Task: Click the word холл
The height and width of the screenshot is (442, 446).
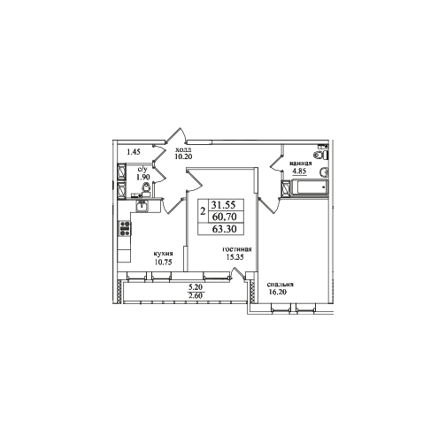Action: pos(183,149)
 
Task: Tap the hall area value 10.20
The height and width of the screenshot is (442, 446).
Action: pos(183,156)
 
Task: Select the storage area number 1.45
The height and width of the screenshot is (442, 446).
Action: pos(134,152)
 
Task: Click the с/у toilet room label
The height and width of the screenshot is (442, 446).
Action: pos(142,170)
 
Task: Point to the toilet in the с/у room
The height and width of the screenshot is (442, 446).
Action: pos(146,187)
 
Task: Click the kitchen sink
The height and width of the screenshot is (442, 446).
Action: pos(142,205)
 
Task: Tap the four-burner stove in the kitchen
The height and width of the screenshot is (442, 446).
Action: pos(125,229)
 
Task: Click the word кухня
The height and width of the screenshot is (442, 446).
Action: pos(163,254)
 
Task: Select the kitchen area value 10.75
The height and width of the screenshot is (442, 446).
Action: pos(163,263)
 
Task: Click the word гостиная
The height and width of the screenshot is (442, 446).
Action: pos(237,249)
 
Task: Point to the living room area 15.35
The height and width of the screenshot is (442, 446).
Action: pos(235,257)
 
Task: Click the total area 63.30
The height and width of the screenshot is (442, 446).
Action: pos(226,229)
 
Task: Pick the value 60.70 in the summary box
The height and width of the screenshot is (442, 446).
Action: pos(226,217)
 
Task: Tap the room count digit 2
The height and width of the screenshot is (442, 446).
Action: pos(203,211)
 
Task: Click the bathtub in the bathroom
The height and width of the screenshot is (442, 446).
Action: pos(310,187)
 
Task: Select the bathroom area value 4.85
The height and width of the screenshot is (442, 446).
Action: pos(299,171)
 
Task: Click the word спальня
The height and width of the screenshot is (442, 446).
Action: pos(281,285)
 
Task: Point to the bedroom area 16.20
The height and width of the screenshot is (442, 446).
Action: pos(278,293)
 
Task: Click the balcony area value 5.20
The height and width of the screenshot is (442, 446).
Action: pos(196,286)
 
